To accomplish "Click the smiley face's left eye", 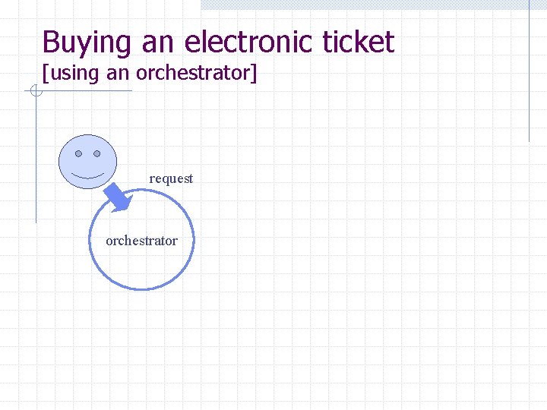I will coord(78,153).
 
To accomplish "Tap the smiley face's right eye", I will coord(97,153).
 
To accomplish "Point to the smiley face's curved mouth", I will coord(87,175).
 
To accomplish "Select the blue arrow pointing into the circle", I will coord(119,197).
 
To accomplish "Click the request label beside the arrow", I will coord(171,178).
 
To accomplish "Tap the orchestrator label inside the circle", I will coord(141,241).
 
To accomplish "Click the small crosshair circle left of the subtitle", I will coord(35,93).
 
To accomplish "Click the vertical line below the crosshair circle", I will coord(36,159).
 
